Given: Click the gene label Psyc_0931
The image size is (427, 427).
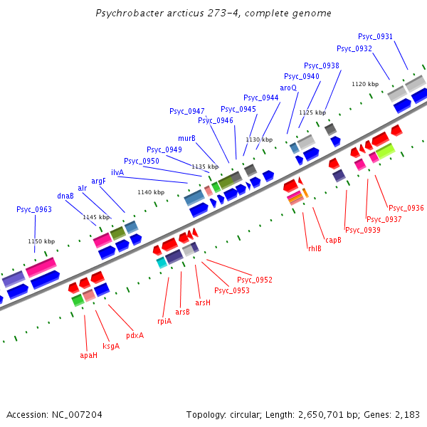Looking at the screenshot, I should [375, 36].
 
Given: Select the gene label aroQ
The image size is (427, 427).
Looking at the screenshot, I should [288, 88].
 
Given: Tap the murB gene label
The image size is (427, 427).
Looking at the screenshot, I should [186, 138].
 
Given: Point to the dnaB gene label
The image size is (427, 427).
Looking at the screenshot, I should [65, 196].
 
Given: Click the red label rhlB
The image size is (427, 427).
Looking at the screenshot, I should [315, 248].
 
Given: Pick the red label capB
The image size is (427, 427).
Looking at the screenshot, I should [333, 240].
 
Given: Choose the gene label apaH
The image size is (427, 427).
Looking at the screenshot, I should [88, 355].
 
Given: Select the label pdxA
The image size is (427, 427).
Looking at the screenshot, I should [135, 335].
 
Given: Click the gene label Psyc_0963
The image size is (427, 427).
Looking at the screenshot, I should [34, 209].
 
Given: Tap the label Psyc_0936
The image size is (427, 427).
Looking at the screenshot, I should [406, 208].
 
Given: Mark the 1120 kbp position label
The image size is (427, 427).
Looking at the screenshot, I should [364, 84].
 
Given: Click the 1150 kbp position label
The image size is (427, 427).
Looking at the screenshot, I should [41, 241].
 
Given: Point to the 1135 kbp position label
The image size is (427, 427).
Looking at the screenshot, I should [205, 166].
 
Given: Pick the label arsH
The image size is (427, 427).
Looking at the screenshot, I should [203, 302].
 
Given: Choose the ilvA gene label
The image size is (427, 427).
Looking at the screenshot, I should [117, 172].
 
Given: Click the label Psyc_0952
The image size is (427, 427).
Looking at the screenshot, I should [255, 280].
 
